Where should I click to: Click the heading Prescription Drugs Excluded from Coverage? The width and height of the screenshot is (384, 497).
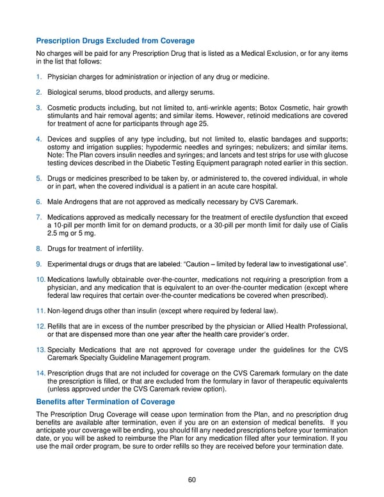115,41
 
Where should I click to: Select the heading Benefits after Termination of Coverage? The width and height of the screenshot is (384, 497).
106,402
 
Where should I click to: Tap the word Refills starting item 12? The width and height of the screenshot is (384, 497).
60,327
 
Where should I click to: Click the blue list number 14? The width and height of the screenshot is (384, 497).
40,373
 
